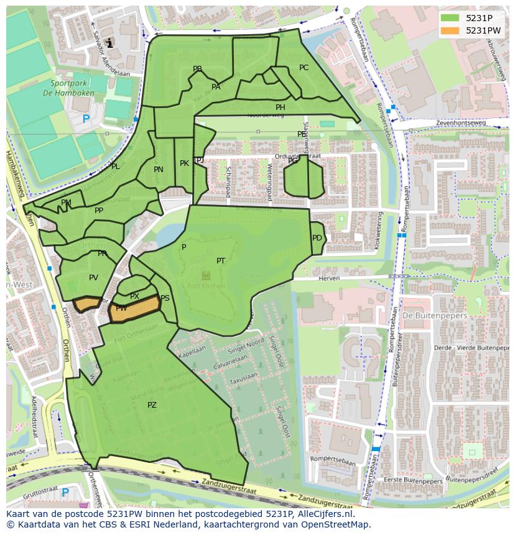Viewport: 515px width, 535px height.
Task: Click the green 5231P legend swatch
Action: coord(450,18)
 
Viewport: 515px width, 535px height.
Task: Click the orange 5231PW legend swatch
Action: coord(450,30)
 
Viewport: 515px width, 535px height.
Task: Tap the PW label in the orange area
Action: coord(121,308)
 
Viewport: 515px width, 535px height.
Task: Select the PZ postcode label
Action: coord(152,405)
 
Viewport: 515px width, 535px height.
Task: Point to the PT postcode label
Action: coord(221,261)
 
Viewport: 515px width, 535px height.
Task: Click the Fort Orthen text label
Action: coord(206,285)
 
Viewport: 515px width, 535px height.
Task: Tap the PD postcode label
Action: coord(317,238)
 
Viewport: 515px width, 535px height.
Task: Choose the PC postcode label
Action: coord(304,68)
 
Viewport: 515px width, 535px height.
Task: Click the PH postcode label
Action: coord(281,107)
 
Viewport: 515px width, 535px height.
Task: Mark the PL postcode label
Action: coord(116,167)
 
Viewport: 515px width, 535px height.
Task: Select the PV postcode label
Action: coord(93,278)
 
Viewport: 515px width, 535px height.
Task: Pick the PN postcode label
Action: coord(159,170)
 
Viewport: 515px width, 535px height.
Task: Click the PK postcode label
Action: coord(184,163)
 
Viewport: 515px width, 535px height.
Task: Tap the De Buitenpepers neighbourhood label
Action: coord(426,316)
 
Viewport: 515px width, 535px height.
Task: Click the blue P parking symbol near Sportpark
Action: coord(86,119)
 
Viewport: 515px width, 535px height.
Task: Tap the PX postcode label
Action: coord(134,296)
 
